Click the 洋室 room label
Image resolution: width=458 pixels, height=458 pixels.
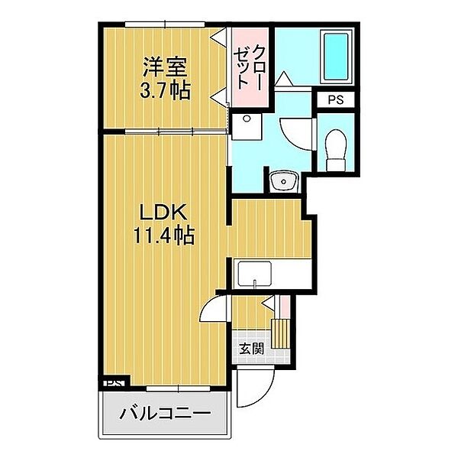pos(165,67)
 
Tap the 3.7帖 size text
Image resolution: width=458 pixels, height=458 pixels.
pos(166,90)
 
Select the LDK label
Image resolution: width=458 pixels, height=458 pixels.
pos(163,213)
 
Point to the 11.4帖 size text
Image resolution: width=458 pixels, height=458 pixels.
pos(164,235)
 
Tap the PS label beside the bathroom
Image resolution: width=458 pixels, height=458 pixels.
pos(336,100)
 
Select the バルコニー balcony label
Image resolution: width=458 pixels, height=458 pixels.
pos(165,414)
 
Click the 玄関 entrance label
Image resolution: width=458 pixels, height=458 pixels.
pos(251,349)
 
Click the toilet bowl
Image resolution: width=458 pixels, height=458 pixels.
pos(336,150)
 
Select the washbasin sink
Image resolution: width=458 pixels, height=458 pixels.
pos(283,181)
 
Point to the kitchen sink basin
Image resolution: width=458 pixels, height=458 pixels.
pos(255,274)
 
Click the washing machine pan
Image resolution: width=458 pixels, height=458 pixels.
pos(247,127)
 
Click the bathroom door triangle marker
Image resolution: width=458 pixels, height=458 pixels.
pos(284,79)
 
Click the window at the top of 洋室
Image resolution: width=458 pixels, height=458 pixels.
pos(165,24)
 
